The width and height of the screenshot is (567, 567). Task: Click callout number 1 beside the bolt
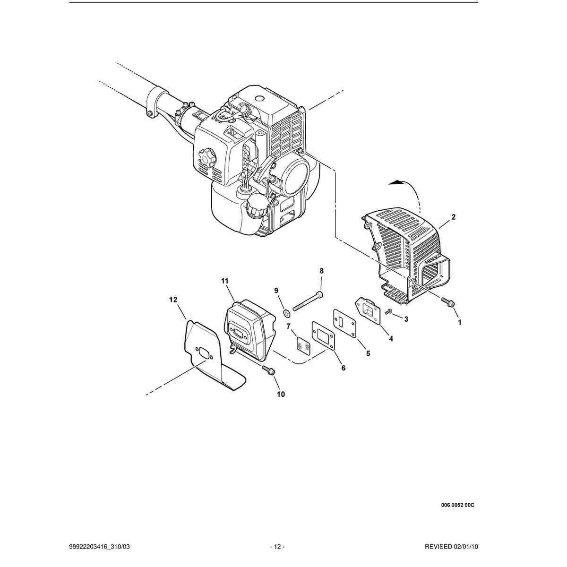click(x=459, y=323)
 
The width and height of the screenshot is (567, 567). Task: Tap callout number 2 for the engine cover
click(x=454, y=217)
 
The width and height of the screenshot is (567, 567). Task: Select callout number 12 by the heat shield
click(x=173, y=300)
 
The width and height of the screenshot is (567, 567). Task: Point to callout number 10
click(x=281, y=394)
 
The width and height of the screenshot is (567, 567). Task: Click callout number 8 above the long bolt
click(x=321, y=271)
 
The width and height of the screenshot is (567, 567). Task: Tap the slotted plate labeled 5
click(x=344, y=323)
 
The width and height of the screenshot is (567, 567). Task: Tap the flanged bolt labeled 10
click(x=268, y=370)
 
